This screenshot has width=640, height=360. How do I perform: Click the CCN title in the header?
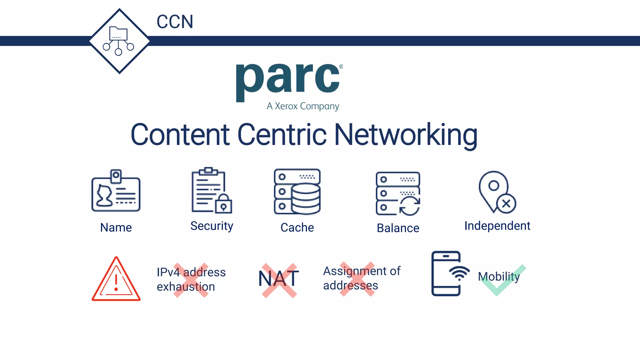(x=175, y=22)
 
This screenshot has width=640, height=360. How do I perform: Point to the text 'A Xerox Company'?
(x=302, y=106)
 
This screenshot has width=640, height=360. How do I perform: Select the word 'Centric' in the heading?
(x=282, y=135)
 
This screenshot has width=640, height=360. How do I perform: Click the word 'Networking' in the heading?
(x=406, y=135)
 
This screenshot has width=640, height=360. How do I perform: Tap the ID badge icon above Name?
(x=116, y=191)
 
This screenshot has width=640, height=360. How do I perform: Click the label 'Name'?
(x=116, y=227)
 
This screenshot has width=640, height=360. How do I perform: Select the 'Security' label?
(x=212, y=226)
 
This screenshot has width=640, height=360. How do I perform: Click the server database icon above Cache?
(x=297, y=192)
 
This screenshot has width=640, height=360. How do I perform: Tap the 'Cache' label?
(x=297, y=227)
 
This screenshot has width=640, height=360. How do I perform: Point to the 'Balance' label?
(x=398, y=228)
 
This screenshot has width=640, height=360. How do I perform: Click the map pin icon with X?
(x=497, y=192)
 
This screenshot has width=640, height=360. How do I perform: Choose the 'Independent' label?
(x=497, y=226)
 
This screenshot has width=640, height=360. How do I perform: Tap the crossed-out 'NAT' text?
(x=279, y=279)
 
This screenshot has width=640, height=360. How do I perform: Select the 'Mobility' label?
(x=499, y=277)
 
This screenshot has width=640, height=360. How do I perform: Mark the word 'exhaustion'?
(x=186, y=287)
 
